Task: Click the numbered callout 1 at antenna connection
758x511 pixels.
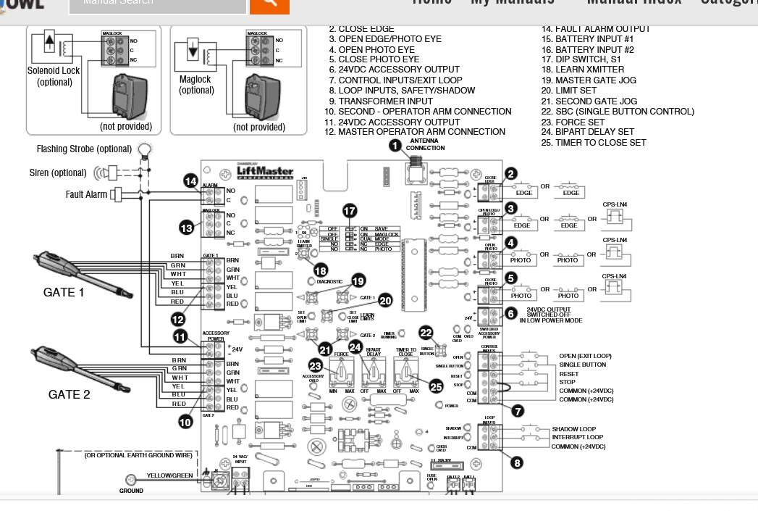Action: [395, 146]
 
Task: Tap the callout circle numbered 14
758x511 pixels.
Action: [190, 181]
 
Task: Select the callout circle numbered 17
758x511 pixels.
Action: [350, 211]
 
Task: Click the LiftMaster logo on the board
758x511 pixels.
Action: [266, 173]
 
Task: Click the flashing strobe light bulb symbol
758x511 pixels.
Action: [146, 150]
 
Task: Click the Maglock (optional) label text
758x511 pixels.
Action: [195, 85]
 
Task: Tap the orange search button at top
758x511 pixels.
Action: [269, 4]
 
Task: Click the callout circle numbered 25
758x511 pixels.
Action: [435, 387]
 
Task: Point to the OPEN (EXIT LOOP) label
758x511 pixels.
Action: [585, 356]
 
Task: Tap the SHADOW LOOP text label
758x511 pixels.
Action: [574, 429]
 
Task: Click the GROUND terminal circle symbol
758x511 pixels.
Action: [131, 479]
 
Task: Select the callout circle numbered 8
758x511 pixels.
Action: [516, 463]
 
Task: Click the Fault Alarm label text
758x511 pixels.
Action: [86, 194]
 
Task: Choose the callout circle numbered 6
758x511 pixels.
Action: [511, 314]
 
